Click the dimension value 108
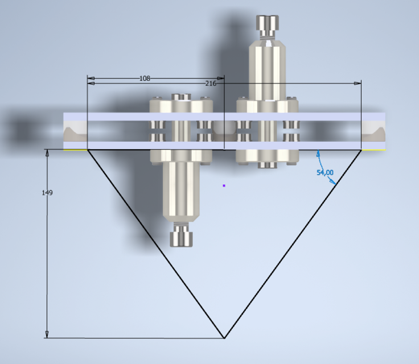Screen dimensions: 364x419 click(x=145, y=78)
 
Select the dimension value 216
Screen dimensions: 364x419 click(x=211, y=83)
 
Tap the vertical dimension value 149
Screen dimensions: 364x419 click(x=47, y=193)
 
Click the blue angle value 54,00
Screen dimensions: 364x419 click(x=324, y=172)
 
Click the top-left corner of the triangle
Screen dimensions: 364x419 click(x=87, y=150)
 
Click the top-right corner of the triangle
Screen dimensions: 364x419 click(x=362, y=150)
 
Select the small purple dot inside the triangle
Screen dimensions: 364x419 click(x=224, y=185)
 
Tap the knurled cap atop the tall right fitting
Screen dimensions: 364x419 click(x=267, y=24)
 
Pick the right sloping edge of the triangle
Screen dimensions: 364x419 click(x=293, y=243)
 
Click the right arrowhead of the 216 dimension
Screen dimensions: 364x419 click(x=358, y=83)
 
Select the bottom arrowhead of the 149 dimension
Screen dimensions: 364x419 click(x=47, y=334)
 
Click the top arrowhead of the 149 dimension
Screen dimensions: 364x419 click(x=47, y=153)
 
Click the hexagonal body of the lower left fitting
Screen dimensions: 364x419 click(x=181, y=193)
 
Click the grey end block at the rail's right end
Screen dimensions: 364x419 click(x=373, y=132)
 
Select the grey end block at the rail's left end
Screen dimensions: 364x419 click(x=75, y=132)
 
